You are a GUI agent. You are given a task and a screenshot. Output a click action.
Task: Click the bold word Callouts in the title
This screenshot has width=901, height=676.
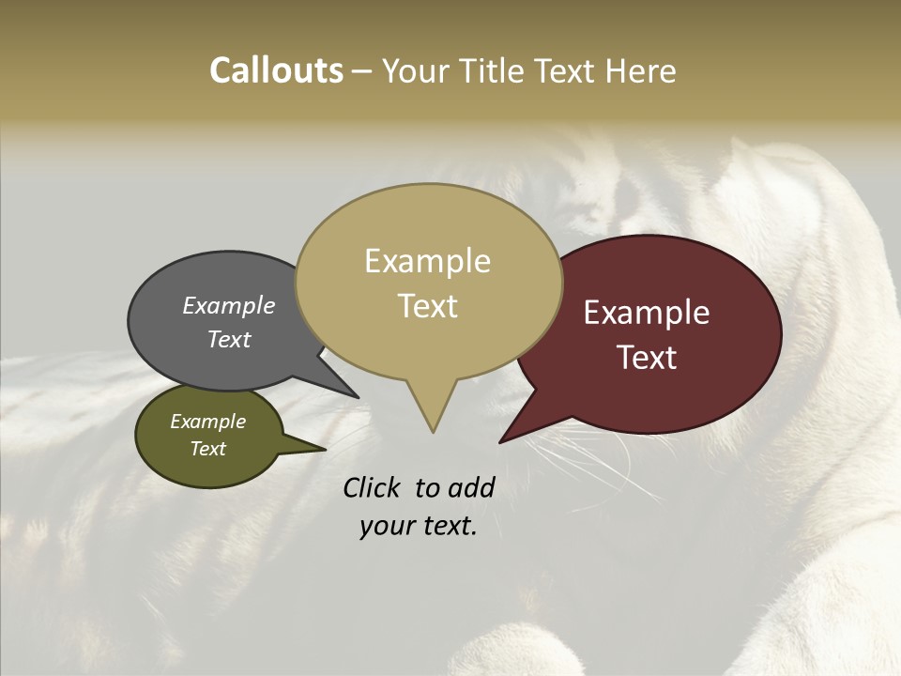[276, 70]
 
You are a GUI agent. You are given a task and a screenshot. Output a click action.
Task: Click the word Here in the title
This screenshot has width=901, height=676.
[641, 70]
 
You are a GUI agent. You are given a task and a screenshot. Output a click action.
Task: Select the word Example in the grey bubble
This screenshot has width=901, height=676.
[229, 305]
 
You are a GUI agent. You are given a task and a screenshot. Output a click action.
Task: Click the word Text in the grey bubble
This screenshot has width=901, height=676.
[229, 339]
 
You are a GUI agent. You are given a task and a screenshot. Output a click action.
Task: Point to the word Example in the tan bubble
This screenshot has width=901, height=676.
[427, 261]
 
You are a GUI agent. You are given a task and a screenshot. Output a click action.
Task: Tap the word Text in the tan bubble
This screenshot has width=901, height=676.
[427, 306]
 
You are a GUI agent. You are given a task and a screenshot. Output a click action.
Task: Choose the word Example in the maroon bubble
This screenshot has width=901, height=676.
[647, 313]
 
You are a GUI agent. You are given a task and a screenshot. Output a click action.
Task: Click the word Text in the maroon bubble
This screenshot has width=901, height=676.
[647, 358]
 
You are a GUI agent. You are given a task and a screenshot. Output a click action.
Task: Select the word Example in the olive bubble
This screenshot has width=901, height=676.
[207, 422]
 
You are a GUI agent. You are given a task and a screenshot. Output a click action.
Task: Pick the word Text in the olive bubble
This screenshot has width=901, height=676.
[207, 449]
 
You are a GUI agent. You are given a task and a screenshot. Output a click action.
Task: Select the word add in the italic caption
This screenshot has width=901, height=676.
[470, 487]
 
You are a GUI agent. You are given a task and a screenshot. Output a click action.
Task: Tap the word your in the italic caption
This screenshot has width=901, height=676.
[386, 527]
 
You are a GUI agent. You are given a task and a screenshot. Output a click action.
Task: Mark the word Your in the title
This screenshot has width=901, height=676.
[415, 70]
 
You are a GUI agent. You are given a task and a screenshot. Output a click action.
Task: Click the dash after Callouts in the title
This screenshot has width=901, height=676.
[362, 70]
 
